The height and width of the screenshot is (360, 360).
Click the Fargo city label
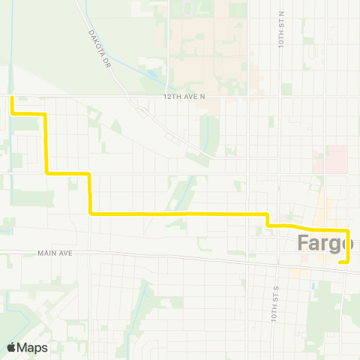click(325, 243)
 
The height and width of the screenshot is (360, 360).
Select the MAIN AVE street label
click(55, 253)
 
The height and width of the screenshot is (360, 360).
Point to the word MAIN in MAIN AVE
click(48, 253)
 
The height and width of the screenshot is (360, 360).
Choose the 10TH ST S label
click(275, 301)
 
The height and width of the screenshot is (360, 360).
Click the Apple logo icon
click(12, 347)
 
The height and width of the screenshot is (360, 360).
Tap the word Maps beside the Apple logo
click(33, 347)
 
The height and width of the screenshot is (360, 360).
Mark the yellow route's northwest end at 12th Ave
click(12, 97)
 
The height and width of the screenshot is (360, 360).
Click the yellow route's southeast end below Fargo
click(340, 262)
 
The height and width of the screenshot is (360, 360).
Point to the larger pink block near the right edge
click(337, 160)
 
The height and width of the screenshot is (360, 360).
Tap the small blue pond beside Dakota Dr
click(152, 74)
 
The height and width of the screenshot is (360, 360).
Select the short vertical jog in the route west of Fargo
click(268, 219)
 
